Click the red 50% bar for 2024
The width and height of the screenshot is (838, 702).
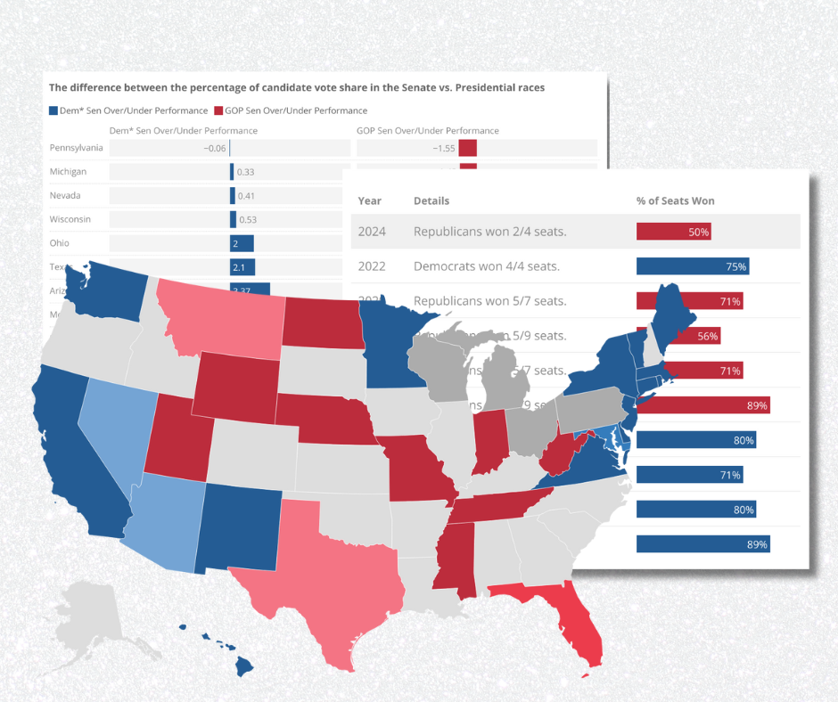(x=673, y=232)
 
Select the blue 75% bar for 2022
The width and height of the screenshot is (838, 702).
(x=692, y=266)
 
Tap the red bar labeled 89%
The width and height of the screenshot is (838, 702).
(x=702, y=405)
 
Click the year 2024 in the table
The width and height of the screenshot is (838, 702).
(x=372, y=232)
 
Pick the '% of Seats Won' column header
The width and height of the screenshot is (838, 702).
(x=675, y=200)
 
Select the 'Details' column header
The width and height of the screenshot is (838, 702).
(x=431, y=200)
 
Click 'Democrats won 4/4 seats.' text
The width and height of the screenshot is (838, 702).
(x=489, y=266)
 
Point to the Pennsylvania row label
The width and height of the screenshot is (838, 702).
(x=76, y=148)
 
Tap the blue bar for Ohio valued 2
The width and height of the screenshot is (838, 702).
(x=242, y=243)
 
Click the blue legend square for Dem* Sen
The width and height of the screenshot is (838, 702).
(x=53, y=110)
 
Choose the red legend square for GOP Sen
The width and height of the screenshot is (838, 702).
(x=218, y=110)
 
